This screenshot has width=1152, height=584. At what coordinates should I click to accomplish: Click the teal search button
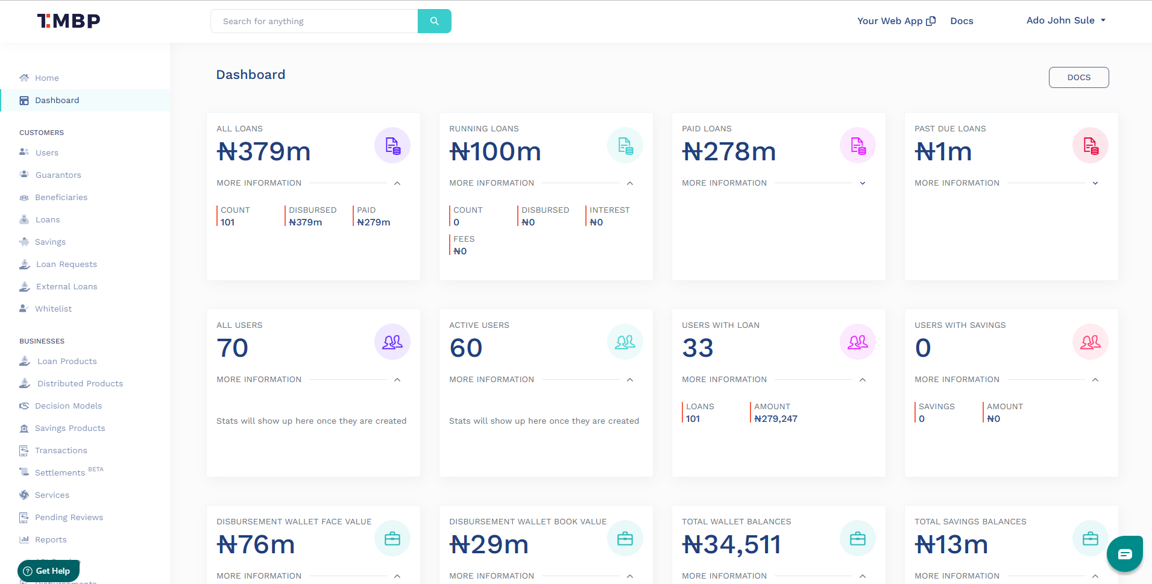(434, 21)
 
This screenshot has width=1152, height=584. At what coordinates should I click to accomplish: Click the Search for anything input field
(313, 21)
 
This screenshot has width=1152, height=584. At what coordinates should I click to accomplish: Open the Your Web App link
(896, 21)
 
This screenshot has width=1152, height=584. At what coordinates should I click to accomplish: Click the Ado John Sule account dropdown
(1066, 20)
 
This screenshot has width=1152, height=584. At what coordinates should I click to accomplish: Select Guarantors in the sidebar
(58, 175)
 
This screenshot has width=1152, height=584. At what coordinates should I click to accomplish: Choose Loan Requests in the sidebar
(66, 264)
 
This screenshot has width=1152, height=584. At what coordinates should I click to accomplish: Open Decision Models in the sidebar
(68, 406)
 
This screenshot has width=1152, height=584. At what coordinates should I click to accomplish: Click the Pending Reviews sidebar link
(69, 517)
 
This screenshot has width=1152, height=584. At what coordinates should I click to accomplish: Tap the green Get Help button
(48, 571)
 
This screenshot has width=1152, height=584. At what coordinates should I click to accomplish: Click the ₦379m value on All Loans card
(263, 151)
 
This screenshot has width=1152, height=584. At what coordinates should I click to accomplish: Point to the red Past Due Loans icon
(1090, 146)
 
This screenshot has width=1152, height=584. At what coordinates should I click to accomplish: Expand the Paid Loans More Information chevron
(863, 183)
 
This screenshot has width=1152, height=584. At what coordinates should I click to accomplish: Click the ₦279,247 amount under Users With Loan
(775, 419)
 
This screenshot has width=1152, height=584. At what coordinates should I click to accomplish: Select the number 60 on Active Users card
(465, 348)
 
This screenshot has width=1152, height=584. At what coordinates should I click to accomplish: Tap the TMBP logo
(69, 21)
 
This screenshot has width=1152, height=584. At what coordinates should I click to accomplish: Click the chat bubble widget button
(1124, 554)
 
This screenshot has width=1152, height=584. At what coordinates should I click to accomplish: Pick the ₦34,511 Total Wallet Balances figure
(731, 545)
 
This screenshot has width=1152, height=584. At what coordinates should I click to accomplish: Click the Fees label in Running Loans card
(464, 239)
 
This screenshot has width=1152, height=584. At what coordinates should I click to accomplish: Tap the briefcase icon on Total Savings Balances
(1090, 539)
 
